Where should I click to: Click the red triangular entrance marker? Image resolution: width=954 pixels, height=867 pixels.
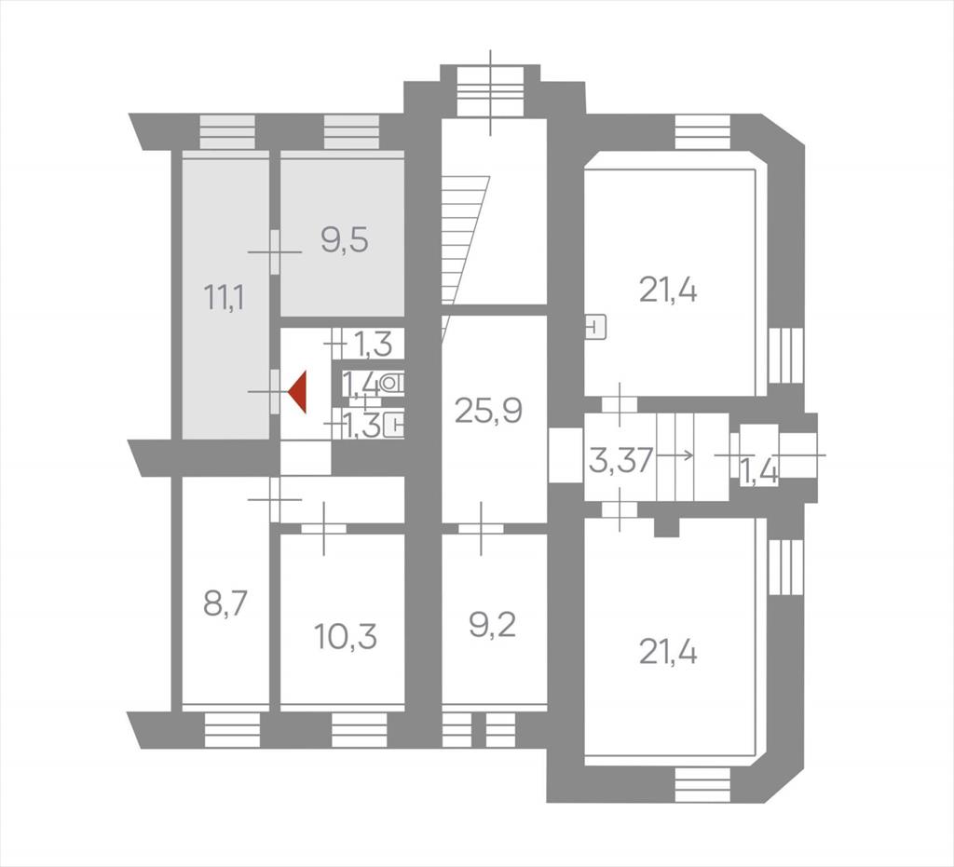pos(298,392)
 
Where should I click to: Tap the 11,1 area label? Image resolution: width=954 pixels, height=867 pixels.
pos(225,298)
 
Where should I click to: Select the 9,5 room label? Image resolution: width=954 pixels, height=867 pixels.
pos(345,241)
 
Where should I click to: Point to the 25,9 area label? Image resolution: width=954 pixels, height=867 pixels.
pos(488,411)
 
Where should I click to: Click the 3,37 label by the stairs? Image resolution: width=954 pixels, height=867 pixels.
pos(620,460)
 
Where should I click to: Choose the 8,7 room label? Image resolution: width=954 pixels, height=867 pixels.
pos(225,605)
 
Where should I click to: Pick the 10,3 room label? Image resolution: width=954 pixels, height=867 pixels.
pos(346,637)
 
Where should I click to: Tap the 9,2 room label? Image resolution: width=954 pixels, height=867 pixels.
pos(492,625)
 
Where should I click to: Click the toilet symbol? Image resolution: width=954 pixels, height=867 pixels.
pos(392,383)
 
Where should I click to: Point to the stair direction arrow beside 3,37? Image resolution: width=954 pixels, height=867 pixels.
pos(675,454)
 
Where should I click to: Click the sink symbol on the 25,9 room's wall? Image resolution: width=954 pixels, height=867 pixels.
pos(595,328)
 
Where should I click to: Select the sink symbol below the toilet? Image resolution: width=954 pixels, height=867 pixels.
pos(395,425)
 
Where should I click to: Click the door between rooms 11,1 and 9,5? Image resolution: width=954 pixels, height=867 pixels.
pos(275,251)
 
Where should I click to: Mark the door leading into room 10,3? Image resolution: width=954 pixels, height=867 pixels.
pos(323,528)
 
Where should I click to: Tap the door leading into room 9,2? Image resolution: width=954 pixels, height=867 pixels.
pos(482,528)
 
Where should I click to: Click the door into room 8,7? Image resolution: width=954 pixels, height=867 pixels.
pos(275,500)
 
